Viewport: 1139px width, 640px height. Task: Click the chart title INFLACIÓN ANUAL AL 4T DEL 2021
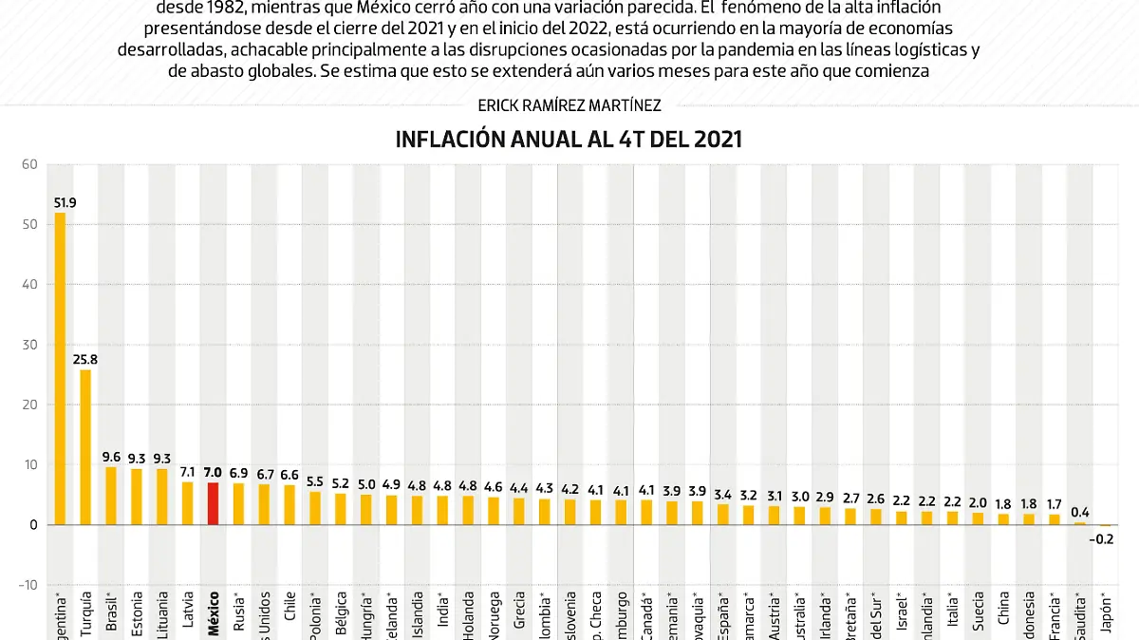point(569,140)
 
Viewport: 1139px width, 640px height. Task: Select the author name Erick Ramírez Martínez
point(569,105)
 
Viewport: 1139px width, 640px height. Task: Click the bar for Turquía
point(85,446)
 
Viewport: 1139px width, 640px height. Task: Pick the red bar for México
point(213,504)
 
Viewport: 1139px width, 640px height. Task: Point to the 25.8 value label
point(85,360)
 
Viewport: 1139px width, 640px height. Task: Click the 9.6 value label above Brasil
point(111,457)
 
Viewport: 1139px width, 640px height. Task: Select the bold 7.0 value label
point(213,472)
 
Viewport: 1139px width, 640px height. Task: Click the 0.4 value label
point(1080,512)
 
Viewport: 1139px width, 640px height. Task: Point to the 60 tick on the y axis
point(28,165)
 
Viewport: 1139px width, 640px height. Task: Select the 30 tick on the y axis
point(28,345)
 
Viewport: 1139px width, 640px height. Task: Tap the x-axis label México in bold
point(214,614)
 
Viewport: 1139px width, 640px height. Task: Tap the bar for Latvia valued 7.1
point(187,503)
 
